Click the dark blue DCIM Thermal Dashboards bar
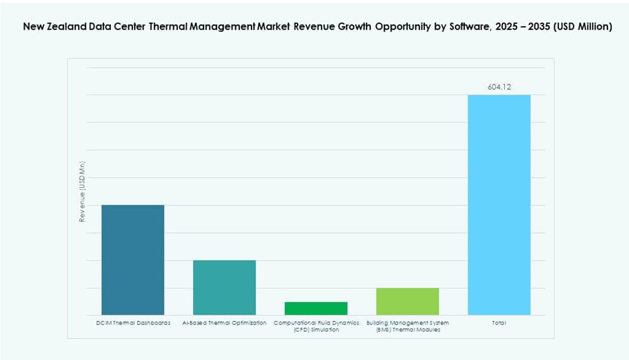(x=132, y=260)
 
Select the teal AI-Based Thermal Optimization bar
(x=224, y=287)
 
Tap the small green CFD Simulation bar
(x=316, y=308)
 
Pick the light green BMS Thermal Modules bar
(x=407, y=301)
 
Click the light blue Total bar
(x=499, y=205)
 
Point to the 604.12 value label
(x=499, y=87)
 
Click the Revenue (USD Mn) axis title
(x=82, y=191)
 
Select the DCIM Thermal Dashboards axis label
(x=133, y=323)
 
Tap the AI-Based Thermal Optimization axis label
(x=224, y=323)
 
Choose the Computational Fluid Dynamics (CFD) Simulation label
(x=316, y=326)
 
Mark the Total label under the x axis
(x=499, y=323)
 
